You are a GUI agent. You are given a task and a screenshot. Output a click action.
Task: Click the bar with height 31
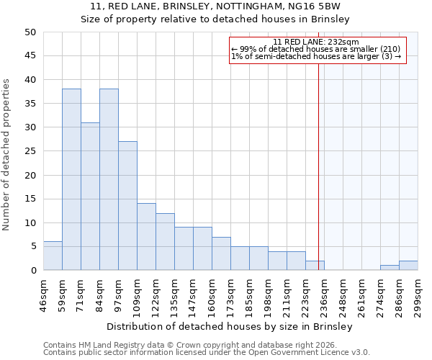tap(90, 197)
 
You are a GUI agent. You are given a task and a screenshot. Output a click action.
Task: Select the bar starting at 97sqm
tap(127, 206)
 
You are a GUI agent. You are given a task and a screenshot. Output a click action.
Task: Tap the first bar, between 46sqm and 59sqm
tap(53, 256)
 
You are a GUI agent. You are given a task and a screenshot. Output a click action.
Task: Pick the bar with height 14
tap(146, 237)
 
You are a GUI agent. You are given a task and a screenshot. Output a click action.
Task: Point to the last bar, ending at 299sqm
tap(408, 266)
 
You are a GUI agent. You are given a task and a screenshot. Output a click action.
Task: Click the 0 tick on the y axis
tap(32, 271)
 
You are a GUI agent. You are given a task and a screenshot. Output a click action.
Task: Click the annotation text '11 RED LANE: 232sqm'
tap(316, 42)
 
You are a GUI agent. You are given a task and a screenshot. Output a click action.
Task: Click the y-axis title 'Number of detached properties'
tap(7, 155)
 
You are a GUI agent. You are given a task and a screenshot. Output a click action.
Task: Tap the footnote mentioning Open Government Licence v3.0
tap(207, 352)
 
